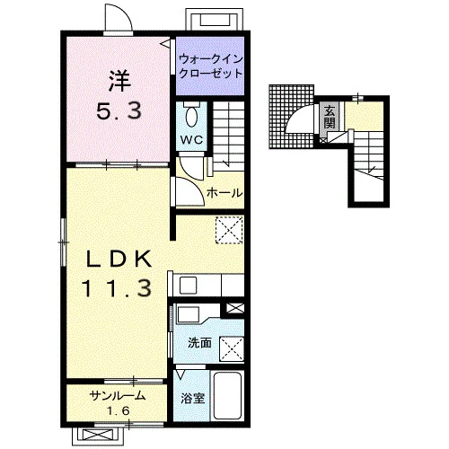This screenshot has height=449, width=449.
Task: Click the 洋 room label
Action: [x=119, y=82]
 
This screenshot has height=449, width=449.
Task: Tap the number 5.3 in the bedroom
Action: [x=119, y=110]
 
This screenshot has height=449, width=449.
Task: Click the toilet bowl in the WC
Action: [x=191, y=116]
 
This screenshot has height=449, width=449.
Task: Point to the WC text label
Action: [x=191, y=139]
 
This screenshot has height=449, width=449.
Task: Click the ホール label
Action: [x=224, y=193]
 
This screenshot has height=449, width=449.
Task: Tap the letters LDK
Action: [x=119, y=260]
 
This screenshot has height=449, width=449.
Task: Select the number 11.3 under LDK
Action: [x=117, y=288]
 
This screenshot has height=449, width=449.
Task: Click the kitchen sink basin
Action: [x=188, y=286]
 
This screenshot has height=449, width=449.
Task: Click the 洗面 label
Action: [x=199, y=343]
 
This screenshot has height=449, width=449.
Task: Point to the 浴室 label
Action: [x=193, y=398]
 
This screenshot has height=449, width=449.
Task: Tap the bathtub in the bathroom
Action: [x=228, y=395]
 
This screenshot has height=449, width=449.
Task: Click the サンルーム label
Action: [x=118, y=396]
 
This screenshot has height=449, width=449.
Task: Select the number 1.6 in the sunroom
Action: [x=119, y=411]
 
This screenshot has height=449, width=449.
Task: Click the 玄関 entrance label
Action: [x=330, y=117]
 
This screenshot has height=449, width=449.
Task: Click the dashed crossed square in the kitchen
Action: [x=229, y=230]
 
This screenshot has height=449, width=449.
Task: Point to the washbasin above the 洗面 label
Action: [x=189, y=313]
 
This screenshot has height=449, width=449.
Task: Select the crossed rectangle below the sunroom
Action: [x=98, y=435]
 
